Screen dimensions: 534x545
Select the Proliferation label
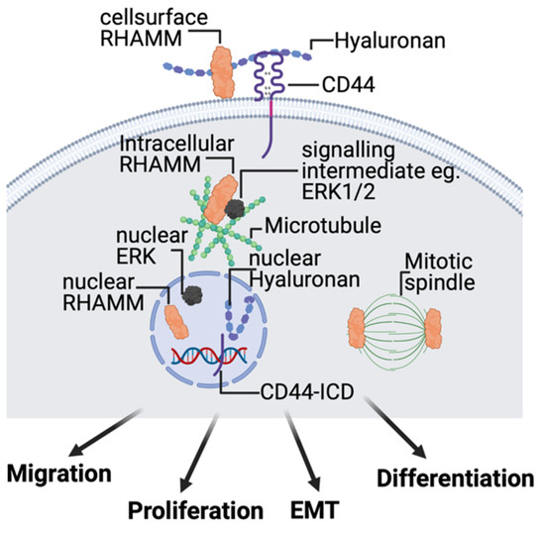[194, 511]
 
